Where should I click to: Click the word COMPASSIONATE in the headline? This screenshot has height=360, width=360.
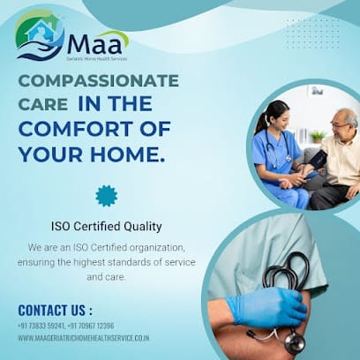[x=99, y=81]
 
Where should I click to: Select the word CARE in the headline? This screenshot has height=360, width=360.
[x=43, y=104]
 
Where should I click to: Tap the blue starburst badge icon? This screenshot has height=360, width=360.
[x=107, y=195]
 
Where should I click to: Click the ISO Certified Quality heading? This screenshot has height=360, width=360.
[x=106, y=227]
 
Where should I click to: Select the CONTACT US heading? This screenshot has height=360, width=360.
[x=55, y=310]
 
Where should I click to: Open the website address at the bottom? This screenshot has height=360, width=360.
[x=83, y=338]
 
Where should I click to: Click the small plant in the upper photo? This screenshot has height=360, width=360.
[x=317, y=135]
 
